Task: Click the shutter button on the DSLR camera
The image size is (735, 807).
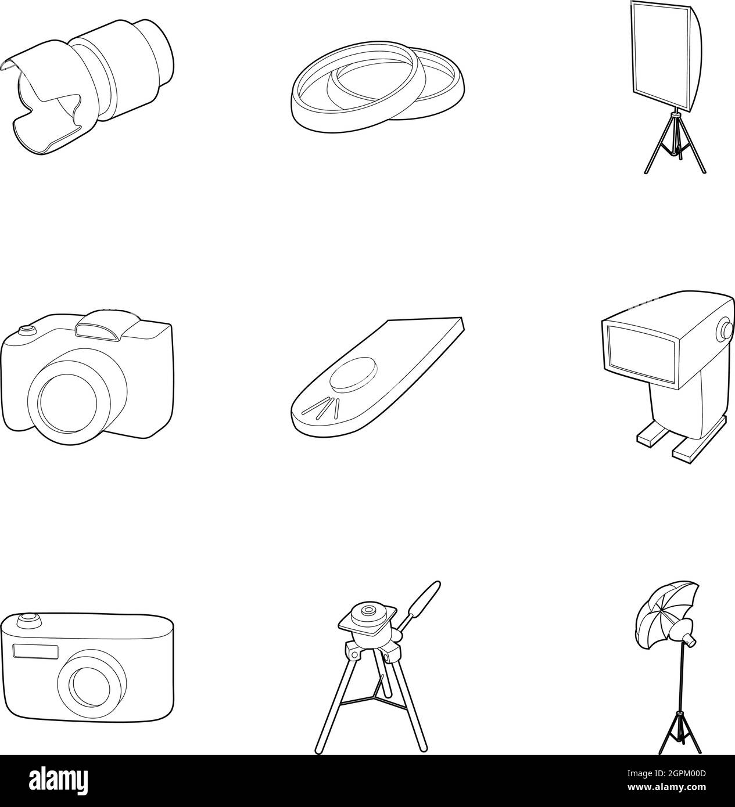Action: coord(25,330)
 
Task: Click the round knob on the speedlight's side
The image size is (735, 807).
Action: coord(726,330)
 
